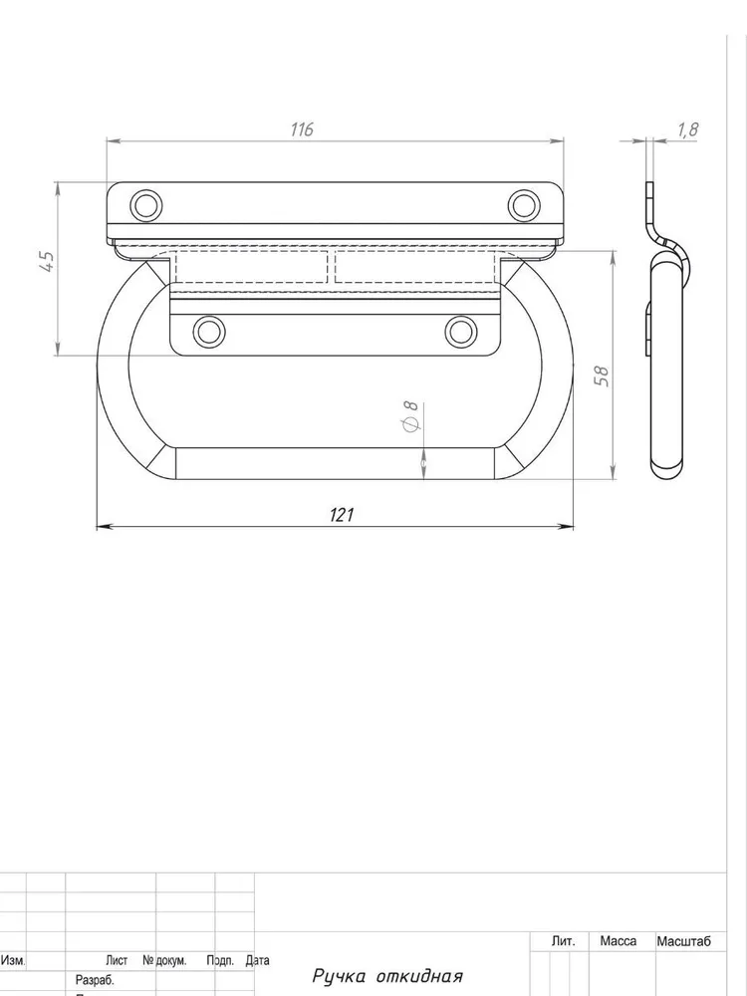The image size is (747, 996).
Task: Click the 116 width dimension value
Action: tap(302, 129)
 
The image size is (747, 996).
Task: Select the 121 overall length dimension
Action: tap(342, 515)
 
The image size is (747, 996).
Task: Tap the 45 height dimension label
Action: tap(47, 262)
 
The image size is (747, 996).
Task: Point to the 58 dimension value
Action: tap(602, 376)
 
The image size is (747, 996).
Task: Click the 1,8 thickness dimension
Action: tap(688, 130)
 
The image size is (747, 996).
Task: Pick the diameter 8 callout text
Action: tap(411, 416)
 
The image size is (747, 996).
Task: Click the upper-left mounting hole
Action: tap(146, 206)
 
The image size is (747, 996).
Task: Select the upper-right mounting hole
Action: tap(524, 206)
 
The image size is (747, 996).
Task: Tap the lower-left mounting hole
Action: tap(208, 332)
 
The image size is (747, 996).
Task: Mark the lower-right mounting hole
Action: tap(460, 332)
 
